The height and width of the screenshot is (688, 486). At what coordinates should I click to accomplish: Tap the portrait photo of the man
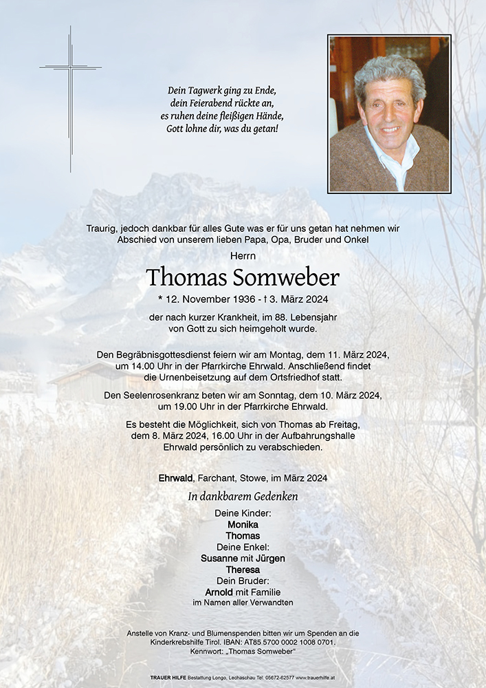[x=389, y=114]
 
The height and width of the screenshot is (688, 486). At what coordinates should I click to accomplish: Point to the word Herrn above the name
[x=243, y=255]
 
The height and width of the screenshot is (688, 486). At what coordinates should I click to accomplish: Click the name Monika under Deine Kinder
[x=243, y=524]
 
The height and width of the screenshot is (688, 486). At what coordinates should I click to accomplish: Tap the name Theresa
[x=243, y=570]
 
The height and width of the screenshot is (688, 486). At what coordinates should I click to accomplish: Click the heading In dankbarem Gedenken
[x=243, y=496]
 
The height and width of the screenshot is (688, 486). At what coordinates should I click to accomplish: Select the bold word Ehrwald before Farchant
[x=177, y=477]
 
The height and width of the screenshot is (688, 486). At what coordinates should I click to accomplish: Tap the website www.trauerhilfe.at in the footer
[x=315, y=678]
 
